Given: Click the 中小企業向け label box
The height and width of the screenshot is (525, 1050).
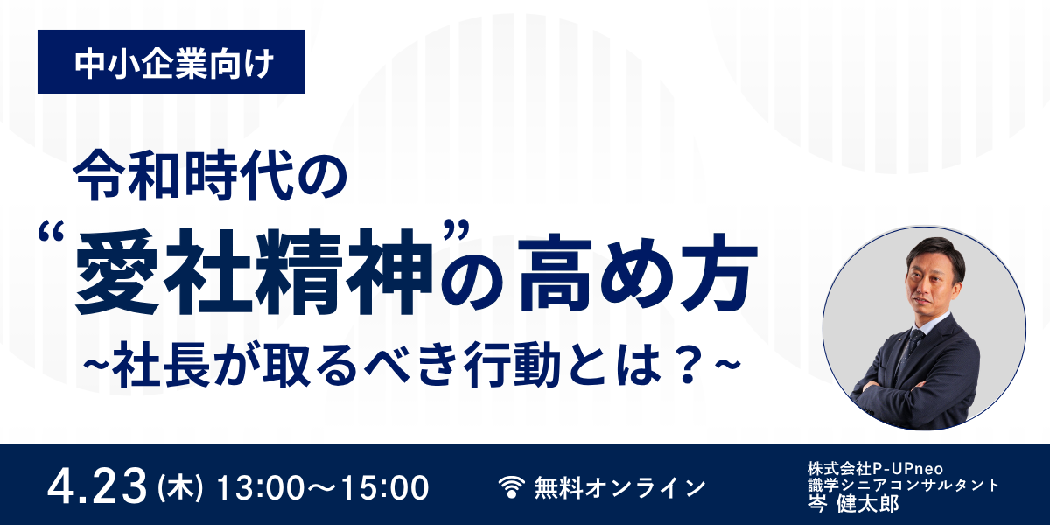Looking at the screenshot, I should point(171,62).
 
